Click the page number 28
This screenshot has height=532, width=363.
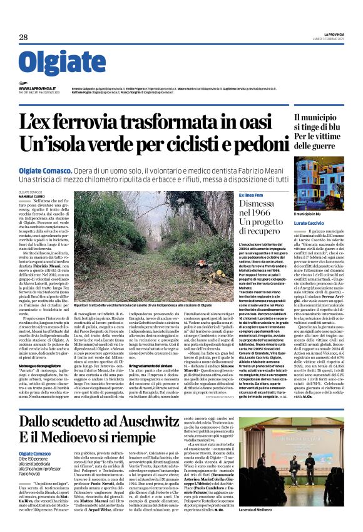[x=23, y=38]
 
